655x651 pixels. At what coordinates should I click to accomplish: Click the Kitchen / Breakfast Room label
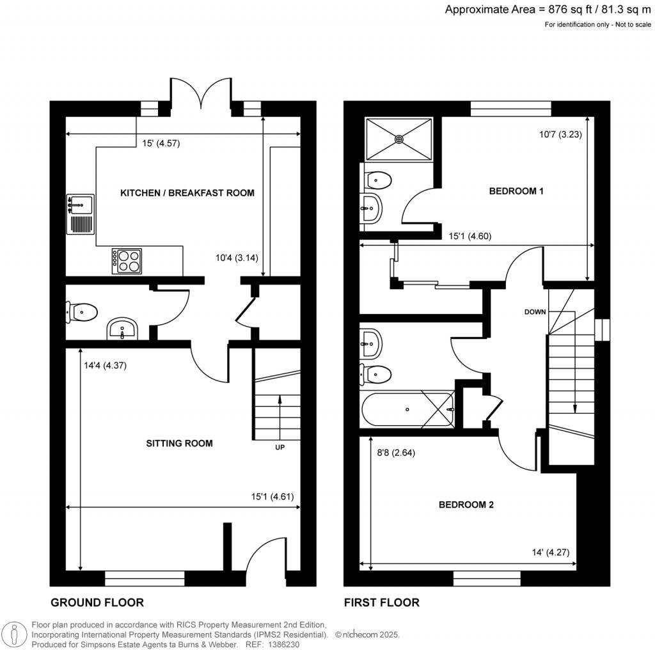[187, 192]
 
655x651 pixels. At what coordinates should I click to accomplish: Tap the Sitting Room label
[179, 443]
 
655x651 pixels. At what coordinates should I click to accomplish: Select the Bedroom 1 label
[516, 191]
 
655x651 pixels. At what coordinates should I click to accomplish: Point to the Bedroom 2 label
[466, 505]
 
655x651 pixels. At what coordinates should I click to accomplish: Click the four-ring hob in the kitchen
[127, 261]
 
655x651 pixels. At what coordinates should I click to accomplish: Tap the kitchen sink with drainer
[80, 214]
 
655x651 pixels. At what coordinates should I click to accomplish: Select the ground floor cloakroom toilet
[81, 313]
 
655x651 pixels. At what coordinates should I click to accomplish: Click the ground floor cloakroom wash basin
[122, 330]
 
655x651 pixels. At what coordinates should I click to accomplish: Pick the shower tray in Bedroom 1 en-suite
[399, 139]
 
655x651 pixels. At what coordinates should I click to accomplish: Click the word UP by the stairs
[280, 448]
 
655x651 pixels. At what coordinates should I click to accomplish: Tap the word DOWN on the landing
[535, 312]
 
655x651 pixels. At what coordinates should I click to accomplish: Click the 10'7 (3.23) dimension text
[559, 135]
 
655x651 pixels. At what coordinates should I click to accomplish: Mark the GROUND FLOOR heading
[97, 602]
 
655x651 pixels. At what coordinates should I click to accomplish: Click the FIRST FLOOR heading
[382, 602]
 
